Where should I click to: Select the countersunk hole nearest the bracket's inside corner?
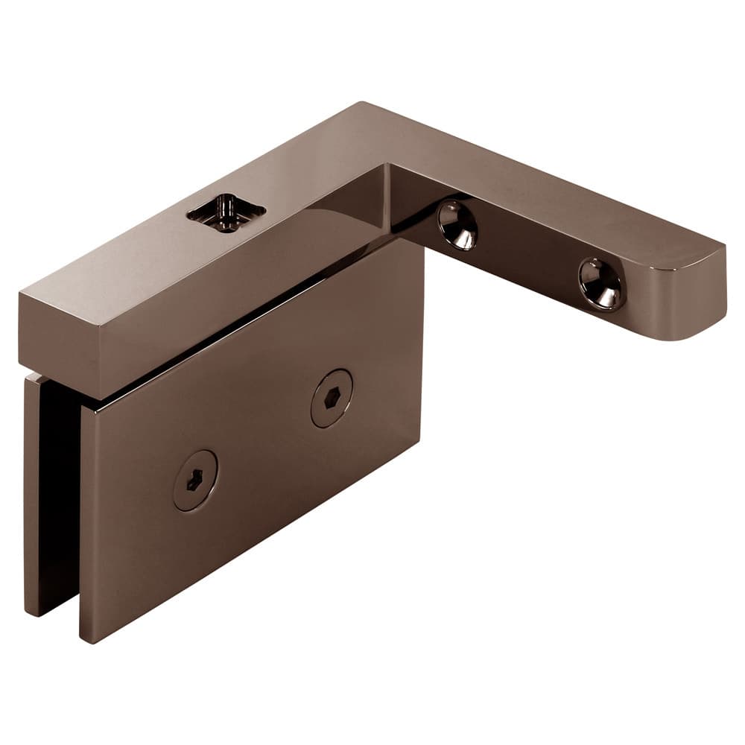coord(457,224)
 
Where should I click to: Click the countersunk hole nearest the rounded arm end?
coord(601,283)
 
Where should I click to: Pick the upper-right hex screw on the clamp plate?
coord(332,398)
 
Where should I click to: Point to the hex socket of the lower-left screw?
coord(194,481)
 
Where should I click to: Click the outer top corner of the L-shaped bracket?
coord(364,104)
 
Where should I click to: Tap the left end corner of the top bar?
coord(22,298)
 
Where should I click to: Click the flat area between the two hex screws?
coord(261,440)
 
